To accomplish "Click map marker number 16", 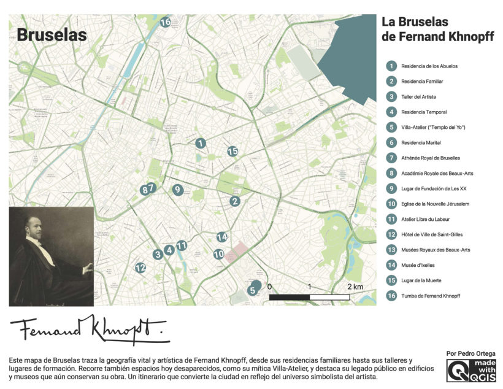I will [x=165, y=23].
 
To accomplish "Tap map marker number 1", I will [x=200, y=143].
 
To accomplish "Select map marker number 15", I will [x=232, y=151].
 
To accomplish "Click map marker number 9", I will [x=177, y=190].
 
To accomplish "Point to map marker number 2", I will [x=235, y=201].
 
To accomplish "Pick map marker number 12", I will [x=140, y=268].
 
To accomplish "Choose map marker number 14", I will [x=222, y=237].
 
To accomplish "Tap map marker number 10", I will [x=218, y=254].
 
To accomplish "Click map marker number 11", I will [x=182, y=246].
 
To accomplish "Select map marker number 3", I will [x=158, y=254].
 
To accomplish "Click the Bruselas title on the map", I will [x=52, y=35].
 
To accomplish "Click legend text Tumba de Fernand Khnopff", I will [x=430, y=296].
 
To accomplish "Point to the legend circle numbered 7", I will [x=391, y=158].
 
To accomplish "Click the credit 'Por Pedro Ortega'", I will [x=470, y=354].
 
